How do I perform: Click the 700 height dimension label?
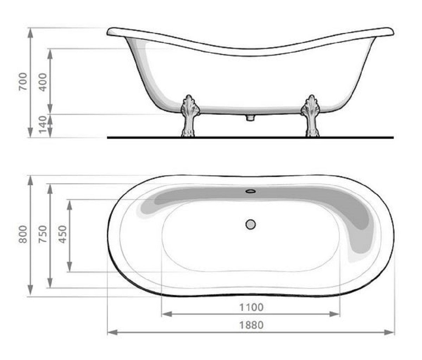pyautogui.click(x=23, y=81)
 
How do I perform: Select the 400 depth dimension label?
pyautogui.click(x=43, y=81)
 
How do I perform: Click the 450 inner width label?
pyautogui.click(x=62, y=234)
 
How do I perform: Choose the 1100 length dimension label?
pyautogui.click(x=251, y=307)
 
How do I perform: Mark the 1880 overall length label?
pyautogui.click(x=251, y=325)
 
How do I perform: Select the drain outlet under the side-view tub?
pyautogui.click(x=250, y=117)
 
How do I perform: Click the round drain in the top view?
pyautogui.click(x=250, y=224)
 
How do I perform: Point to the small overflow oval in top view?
pyautogui.click(x=250, y=191)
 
